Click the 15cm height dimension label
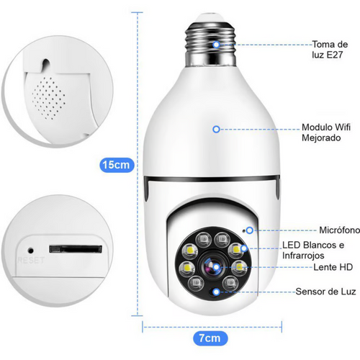116,165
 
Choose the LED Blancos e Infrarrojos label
315,251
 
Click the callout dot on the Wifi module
215,130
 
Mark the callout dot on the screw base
215,44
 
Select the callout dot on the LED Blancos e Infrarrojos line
244,248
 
